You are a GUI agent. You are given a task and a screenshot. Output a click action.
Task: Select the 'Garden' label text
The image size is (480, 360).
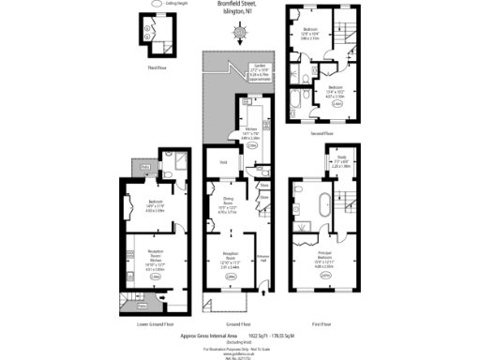click(x=255, y=68)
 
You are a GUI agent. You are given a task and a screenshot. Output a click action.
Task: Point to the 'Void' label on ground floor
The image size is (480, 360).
click(x=223, y=161)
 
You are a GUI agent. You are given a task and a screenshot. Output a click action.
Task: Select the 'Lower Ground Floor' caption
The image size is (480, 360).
click(x=156, y=323)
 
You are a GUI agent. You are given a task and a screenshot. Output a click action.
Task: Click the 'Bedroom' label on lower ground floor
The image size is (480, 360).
click(x=156, y=203)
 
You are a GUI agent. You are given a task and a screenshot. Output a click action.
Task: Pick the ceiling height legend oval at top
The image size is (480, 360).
click(x=156, y=5)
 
